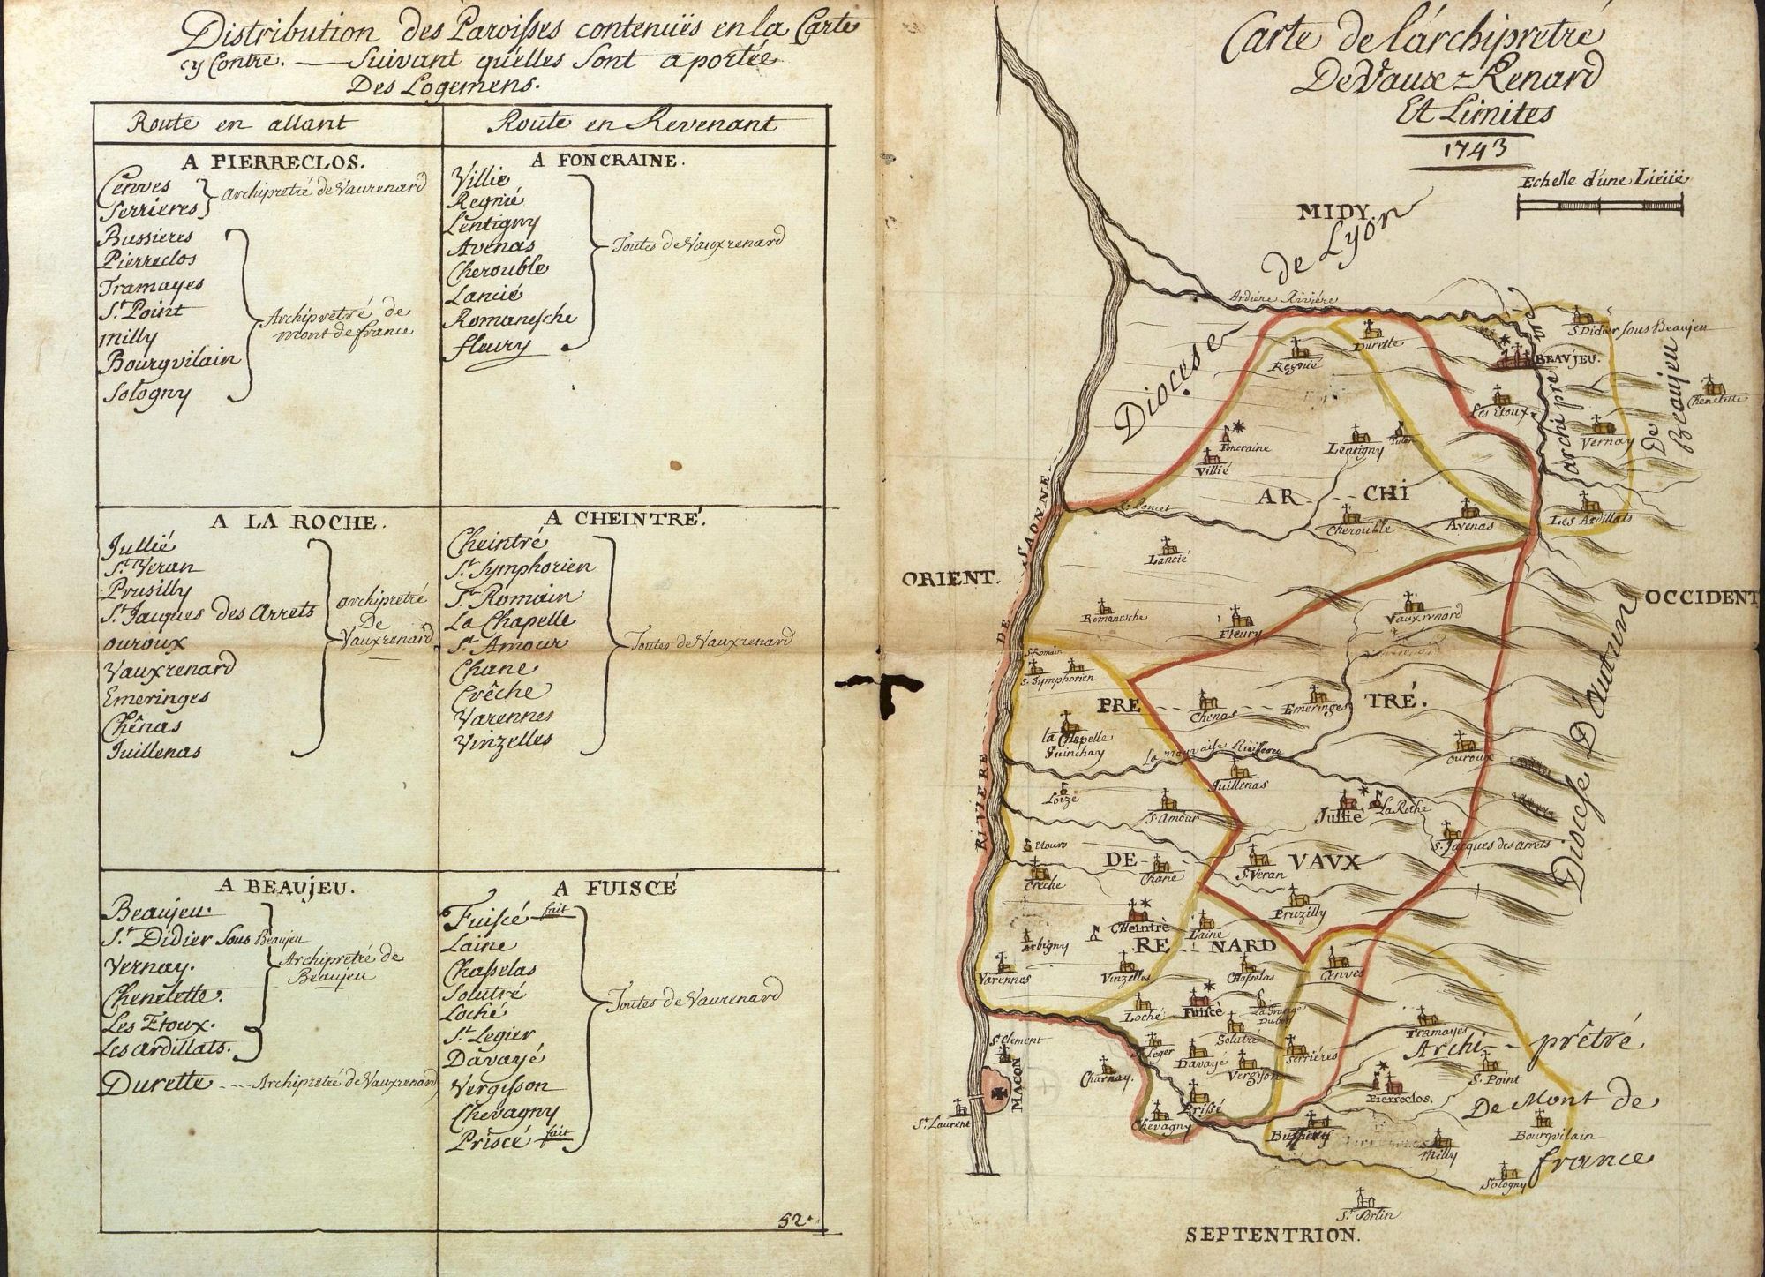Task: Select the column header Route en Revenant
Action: (618, 124)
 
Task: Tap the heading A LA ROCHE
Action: (298, 521)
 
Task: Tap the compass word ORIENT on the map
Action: (950, 579)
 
